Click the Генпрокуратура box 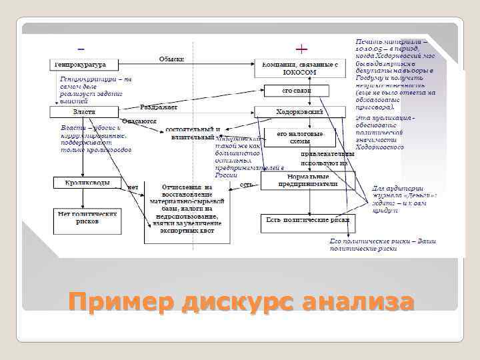point(84,65)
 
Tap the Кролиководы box point(87,182)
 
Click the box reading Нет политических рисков point(87,217)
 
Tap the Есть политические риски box point(307,219)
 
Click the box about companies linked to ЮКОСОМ point(299,67)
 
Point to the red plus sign point(301,49)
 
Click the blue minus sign point(81,49)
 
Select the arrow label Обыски point(171,59)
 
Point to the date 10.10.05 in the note point(367,49)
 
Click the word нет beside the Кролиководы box point(133,187)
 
